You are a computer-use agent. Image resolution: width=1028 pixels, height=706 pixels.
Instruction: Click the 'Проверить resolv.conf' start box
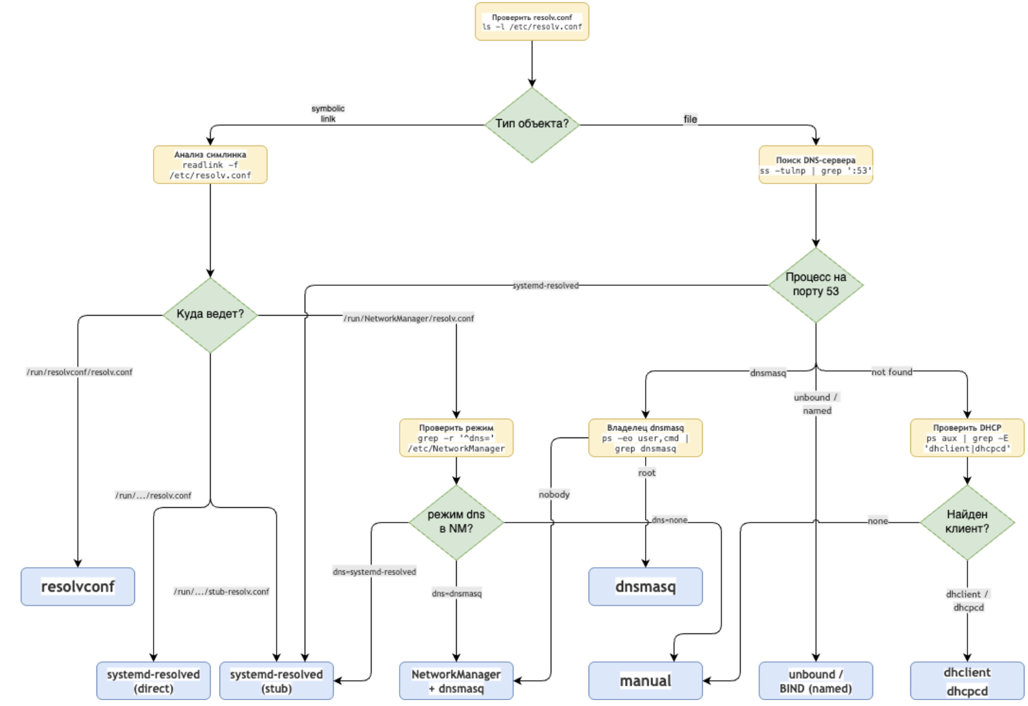531,22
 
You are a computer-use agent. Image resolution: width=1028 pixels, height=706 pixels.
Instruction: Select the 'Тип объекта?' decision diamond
531,124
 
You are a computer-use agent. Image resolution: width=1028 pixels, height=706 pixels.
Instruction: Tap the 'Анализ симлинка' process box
210,165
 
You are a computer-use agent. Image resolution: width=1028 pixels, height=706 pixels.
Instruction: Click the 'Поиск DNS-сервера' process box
815,165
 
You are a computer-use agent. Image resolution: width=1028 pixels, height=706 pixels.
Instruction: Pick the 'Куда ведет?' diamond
210,314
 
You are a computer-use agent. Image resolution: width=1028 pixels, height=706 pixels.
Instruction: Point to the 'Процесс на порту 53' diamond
815,285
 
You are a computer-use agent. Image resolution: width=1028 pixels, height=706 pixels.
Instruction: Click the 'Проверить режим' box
456,438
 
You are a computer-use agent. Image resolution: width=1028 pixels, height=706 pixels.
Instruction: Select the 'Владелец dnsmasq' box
645,438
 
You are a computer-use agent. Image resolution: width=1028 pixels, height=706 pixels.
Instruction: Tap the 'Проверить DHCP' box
967,438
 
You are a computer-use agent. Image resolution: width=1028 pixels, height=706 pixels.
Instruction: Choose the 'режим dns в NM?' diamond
456,523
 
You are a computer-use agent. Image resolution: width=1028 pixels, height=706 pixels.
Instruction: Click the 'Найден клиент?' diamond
967,523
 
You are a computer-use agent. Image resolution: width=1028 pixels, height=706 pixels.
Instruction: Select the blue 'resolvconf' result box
78,586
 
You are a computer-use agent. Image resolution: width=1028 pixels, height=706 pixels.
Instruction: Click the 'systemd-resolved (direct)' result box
154,681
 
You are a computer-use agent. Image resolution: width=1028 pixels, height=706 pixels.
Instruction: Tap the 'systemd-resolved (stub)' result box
277,681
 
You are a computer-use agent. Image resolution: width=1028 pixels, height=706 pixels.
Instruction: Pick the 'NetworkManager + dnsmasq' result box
456,681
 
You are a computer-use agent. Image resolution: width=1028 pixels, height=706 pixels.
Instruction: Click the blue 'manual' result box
645,681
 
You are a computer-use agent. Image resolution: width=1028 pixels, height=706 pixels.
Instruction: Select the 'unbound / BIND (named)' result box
815,681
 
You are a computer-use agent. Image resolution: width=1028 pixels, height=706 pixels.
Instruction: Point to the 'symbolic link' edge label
328,114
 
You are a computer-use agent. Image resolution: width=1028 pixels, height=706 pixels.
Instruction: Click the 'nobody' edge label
554,495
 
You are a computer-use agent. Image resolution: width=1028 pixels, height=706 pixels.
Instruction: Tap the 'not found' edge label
892,372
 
